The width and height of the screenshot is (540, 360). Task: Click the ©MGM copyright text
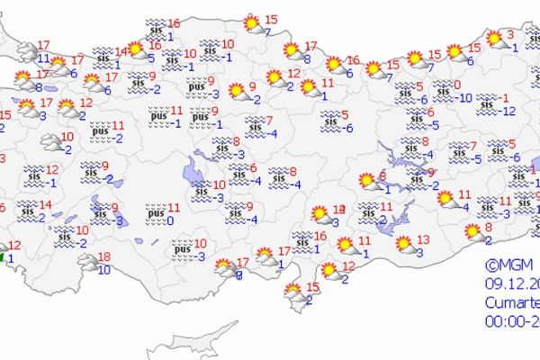click(x=509, y=265)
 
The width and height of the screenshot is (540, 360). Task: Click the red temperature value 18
click(x=104, y=256)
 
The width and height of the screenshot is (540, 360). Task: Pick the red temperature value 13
click(x=424, y=239)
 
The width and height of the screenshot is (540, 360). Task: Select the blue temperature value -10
click(x=464, y=97)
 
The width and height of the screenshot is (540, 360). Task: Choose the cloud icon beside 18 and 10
click(x=87, y=262)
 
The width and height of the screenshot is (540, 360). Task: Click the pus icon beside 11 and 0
click(x=155, y=214)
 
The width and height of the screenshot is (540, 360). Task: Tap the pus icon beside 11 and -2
click(x=100, y=131)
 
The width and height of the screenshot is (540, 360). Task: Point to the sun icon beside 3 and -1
click(x=494, y=39)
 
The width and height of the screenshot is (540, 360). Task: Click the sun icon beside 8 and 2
click(x=472, y=232)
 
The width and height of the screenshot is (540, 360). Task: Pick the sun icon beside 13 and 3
click(x=404, y=243)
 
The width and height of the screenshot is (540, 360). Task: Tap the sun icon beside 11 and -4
click(x=446, y=200)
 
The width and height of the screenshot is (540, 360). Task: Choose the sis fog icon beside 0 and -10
click(x=443, y=90)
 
